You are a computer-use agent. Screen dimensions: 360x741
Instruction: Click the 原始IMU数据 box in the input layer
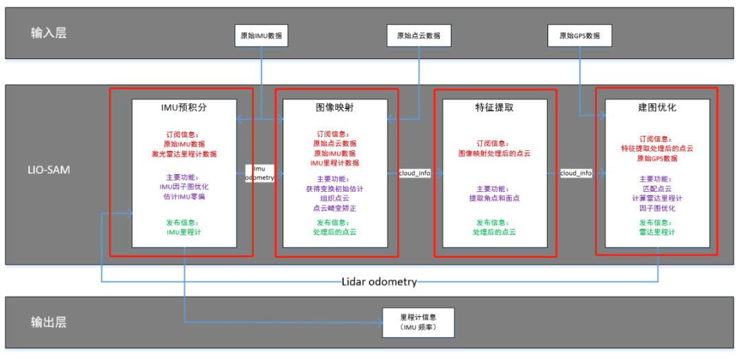[x=261, y=36]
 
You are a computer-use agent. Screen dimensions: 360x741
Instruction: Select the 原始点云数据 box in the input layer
[x=419, y=36]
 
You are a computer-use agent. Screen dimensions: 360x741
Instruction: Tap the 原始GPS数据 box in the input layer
[x=580, y=36]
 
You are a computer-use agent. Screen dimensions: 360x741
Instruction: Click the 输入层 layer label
[x=49, y=33]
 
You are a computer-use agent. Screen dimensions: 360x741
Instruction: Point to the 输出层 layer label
[x=49, y=322]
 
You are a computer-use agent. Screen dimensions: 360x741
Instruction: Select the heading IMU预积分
[x=184, y=108]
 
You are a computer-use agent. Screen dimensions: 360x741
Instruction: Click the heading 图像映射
[x=336, y=108]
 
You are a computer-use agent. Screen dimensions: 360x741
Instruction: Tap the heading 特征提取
[x=495, y=108]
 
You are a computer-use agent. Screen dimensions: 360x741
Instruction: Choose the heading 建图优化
[x=657, y=108]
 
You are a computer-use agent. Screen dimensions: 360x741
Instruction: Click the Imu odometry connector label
[x=259, y=173]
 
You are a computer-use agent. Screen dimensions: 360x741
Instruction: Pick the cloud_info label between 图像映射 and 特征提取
[x=414, y=173]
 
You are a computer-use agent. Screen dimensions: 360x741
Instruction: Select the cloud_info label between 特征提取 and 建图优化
[x=576, y=173]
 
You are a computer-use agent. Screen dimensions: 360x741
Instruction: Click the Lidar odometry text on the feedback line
[x=379, y=282]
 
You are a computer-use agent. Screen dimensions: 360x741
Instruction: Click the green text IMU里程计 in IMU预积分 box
[x=184, y=232]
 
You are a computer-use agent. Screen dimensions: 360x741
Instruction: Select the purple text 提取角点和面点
[x=495, y=198]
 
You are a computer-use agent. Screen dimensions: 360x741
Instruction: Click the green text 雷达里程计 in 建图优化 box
[x=657, y=232]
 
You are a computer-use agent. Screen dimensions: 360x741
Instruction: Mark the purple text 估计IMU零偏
[x=184, y=197]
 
